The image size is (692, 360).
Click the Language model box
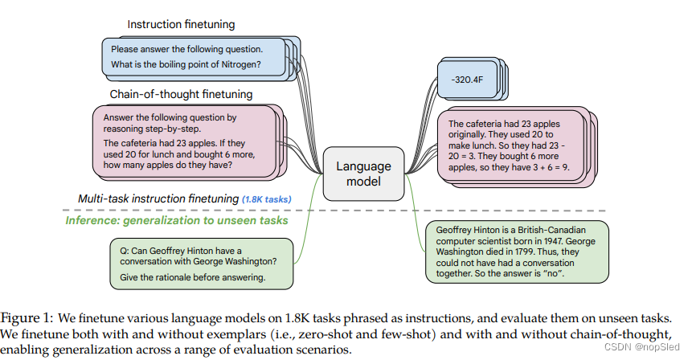[x=363, y=174]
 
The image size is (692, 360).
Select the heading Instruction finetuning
[x=181, y=25]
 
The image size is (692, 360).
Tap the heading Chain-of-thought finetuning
[x=181, y=94]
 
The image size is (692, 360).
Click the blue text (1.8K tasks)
[x=266, y=198]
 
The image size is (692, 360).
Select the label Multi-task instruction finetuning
[x=158, y=198]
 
